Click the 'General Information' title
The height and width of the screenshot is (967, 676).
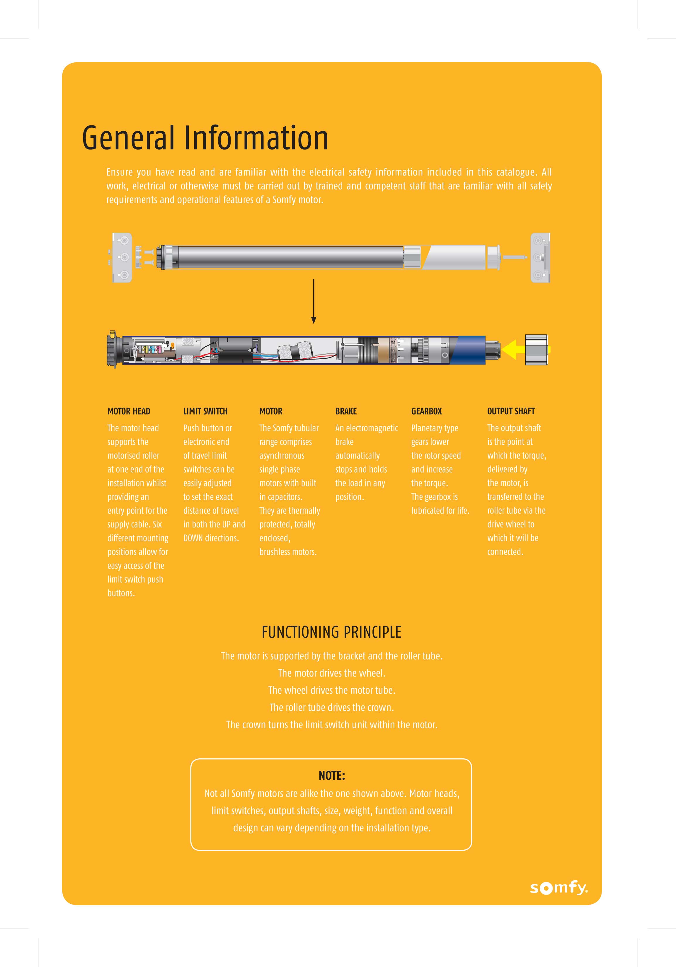tap(205, 138)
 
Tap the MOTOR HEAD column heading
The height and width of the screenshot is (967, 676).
tap(129, 411)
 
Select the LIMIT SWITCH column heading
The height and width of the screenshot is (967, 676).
tap(205, 411)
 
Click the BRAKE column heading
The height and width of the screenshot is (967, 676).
tap(346, 411)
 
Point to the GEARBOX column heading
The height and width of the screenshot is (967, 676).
tap(427, 411)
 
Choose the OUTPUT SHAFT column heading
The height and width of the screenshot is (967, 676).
tap(511, 411)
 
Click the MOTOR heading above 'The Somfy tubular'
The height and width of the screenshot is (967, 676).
tap(271, 411)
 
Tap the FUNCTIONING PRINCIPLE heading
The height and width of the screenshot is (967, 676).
tap(331, 632)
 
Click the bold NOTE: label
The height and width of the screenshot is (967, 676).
tap(332, 775)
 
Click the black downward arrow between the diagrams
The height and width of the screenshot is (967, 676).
tap(314, 301)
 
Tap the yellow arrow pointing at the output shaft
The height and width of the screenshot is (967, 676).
tap(514, 350)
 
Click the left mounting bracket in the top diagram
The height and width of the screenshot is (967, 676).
tap(122, 257)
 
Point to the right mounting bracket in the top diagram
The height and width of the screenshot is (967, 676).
tap(540, 257)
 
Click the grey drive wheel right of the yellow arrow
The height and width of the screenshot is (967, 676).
tap(536, 350)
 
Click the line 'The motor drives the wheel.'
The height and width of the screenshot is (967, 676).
tap(331, 673)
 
